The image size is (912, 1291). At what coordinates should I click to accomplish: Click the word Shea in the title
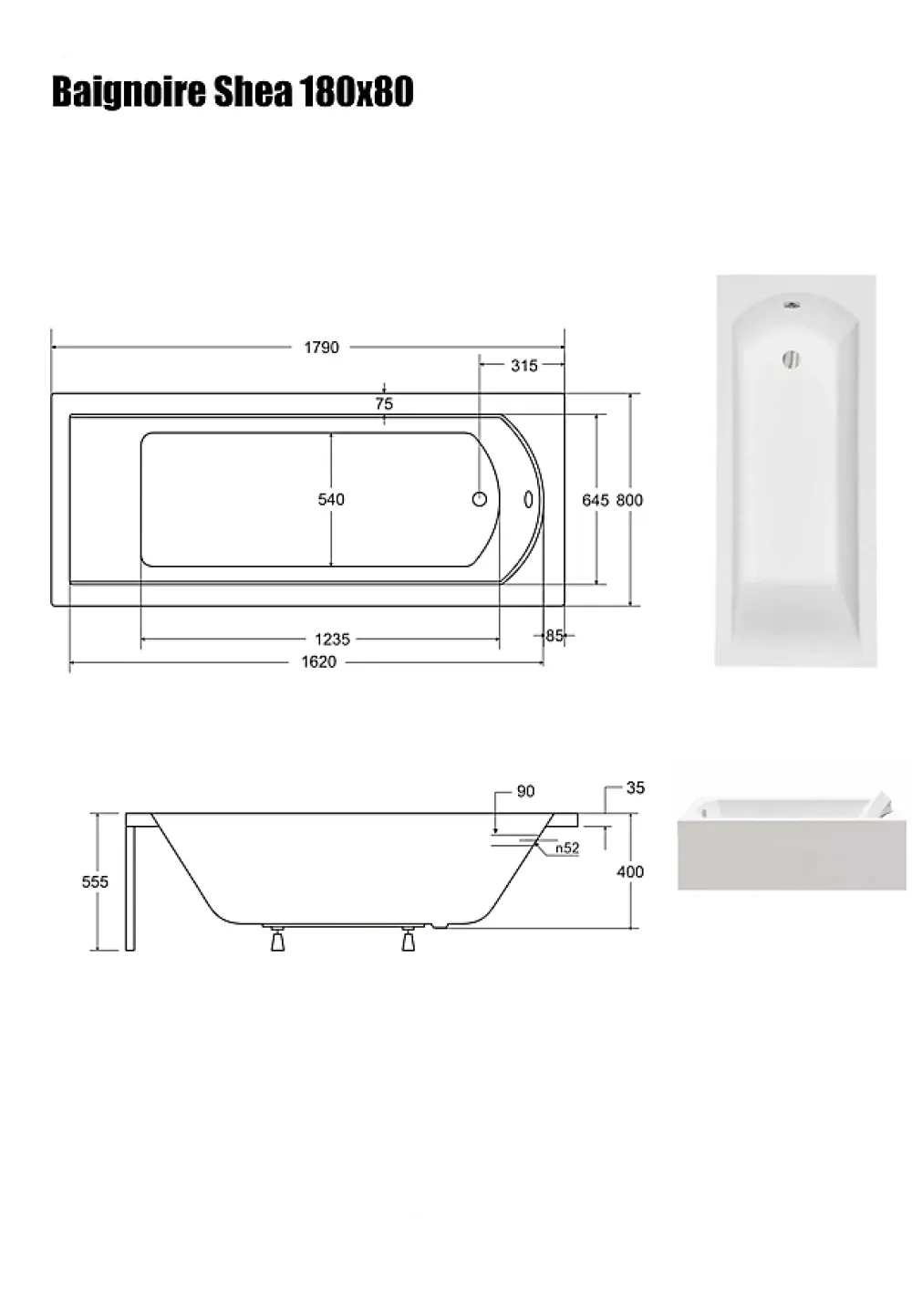point(254,92)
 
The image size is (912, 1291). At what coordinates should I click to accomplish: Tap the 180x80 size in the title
point(356,92)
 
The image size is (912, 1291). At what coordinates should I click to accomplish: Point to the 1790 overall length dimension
point(321,348)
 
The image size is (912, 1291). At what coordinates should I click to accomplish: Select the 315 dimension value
point(524,365)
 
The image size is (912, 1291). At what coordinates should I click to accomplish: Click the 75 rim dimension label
point(384,404)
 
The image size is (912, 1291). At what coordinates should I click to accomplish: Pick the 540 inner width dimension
point(331,499)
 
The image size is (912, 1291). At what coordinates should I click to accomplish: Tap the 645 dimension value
point(596,500)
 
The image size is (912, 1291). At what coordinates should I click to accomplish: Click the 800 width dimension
point(629,500)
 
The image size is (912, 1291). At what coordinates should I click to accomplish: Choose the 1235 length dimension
point(332,640)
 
